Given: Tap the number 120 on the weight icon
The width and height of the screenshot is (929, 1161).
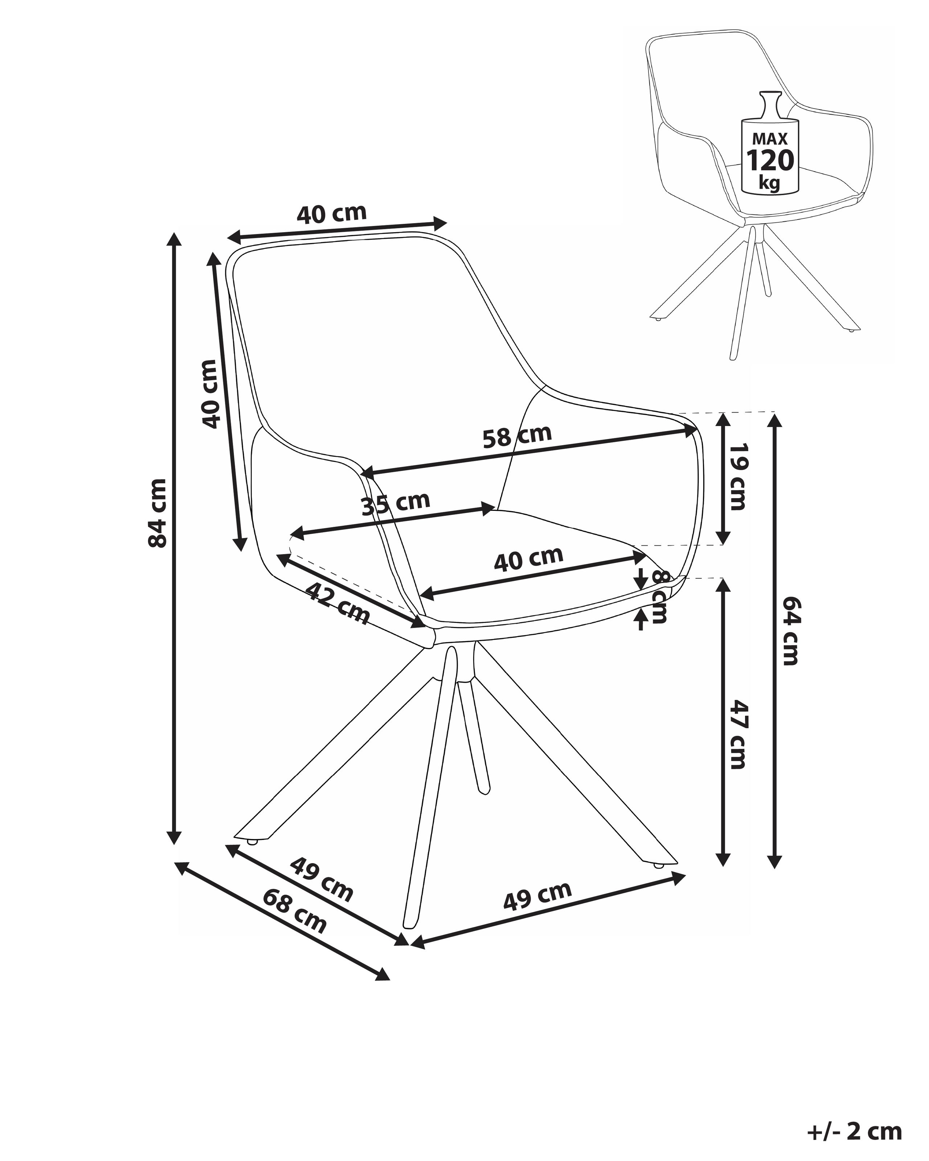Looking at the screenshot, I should tap(770, 160).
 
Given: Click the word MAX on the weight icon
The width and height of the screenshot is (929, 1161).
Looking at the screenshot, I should tap(770, 139).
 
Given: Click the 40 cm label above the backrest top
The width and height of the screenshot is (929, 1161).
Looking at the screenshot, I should tap(331, 214).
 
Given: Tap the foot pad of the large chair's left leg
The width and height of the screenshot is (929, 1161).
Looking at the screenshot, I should tap(251, 857).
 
